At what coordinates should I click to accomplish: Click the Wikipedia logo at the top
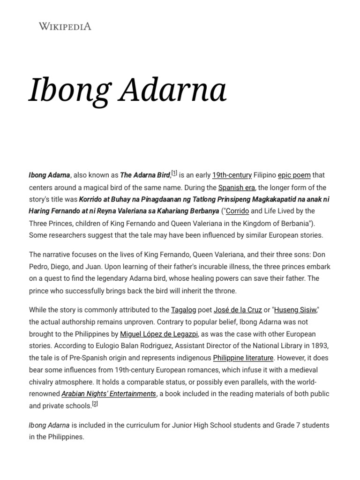tap(65, 26)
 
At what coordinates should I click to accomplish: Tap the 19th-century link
tap(232, 175)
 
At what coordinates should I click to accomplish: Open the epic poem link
tap(294, 175)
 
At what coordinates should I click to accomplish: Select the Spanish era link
tap(236, 187)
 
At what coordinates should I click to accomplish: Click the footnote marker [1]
tap(174, 173)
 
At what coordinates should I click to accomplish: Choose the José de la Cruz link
tap(238, 309)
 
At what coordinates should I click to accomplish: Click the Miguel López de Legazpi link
tap(159, 334)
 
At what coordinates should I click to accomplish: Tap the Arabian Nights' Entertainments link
tap(109, 394)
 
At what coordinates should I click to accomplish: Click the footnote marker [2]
tap(95, 404)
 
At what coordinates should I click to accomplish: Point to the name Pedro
tap(40, 266)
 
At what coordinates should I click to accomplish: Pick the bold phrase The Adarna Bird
tap(145, 175)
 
